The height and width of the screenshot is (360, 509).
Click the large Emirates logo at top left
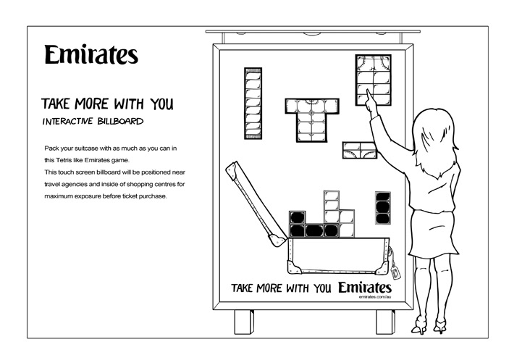tap(91, 55)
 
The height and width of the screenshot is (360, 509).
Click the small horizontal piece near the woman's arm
tap(360, 150)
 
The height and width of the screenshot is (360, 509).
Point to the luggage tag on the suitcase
tap(396, 272)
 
